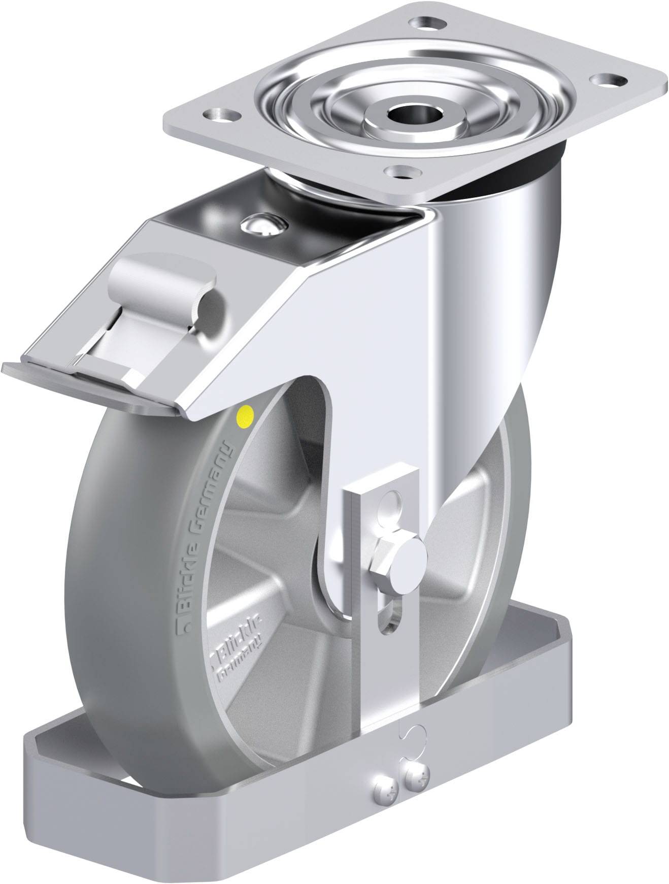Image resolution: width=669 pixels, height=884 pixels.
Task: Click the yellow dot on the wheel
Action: (246, 416)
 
